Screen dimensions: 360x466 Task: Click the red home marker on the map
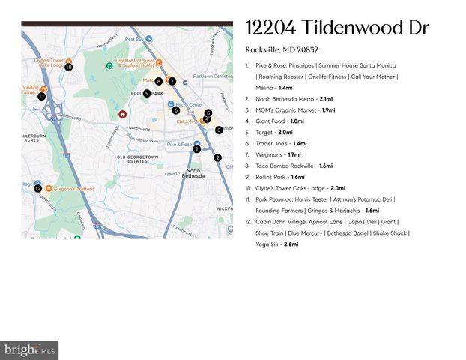tap(122, 115)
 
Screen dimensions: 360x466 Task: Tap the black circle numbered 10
tap(68, 67)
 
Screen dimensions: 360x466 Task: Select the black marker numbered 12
tap(37, 188)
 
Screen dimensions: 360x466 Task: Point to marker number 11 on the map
tap(41, 96)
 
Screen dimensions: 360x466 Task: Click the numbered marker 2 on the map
tap(217, 157)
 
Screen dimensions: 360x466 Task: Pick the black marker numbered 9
tap(147, 93)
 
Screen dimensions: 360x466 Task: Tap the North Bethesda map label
tap(193, 174)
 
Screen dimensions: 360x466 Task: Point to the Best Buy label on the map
tap(134, 39)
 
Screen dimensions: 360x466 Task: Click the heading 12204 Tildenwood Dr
tap(336, 28)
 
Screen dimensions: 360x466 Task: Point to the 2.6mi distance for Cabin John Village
tap(291, 244)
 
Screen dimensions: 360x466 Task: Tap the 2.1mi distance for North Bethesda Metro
tap(326, 98)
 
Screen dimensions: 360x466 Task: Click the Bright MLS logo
tap(29, 349)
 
